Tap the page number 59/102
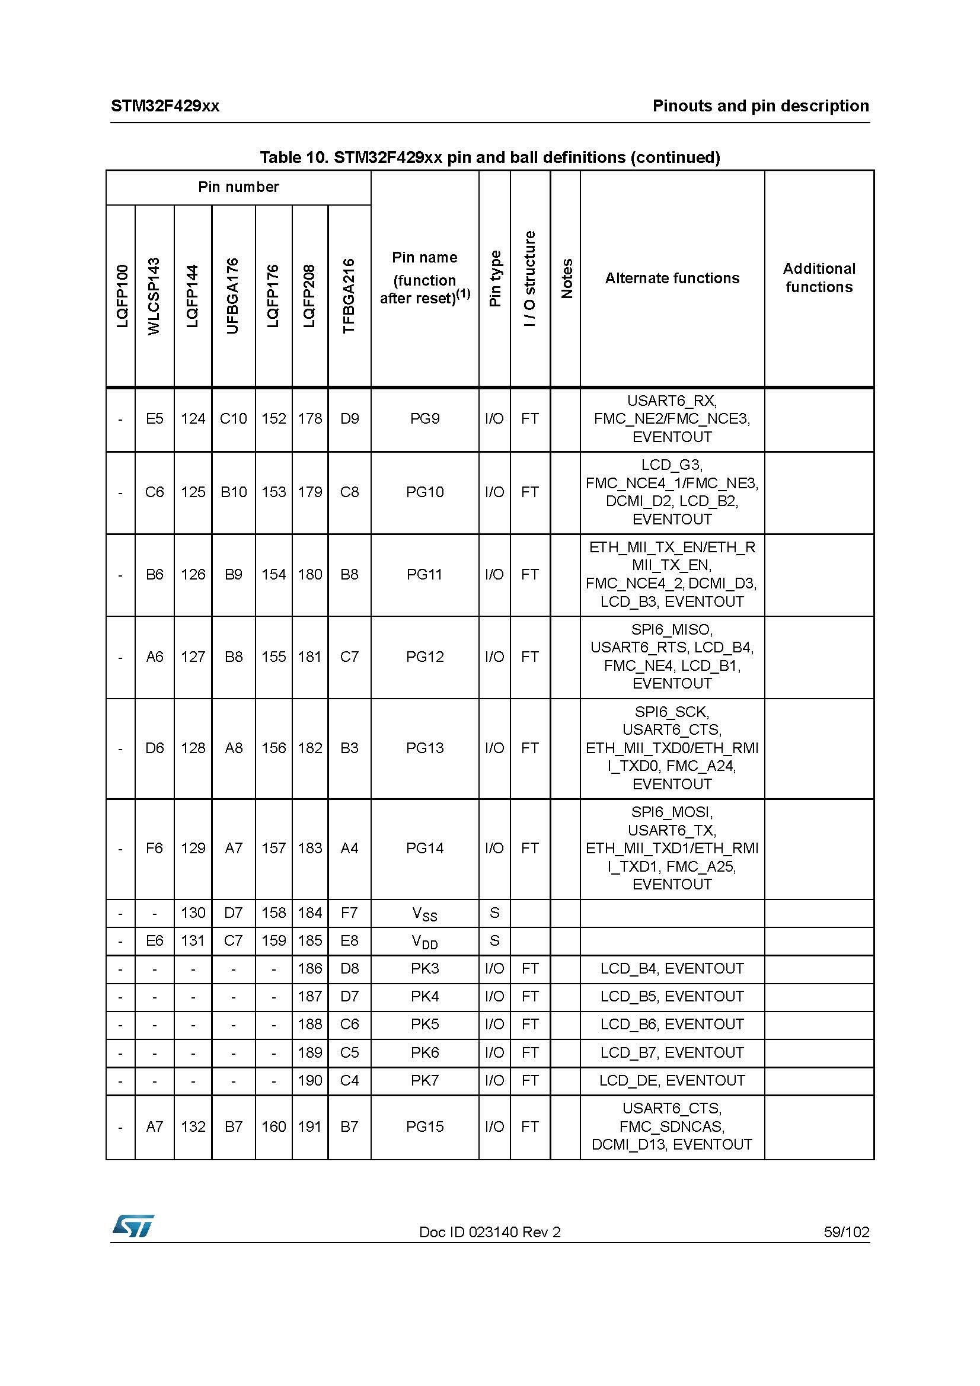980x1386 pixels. pyautogui.click(x=846, y=1231)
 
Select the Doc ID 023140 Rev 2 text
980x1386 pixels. pyautogui.click(x=490, y=1231)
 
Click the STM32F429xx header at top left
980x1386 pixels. pyautogui.click(x=165, y=106)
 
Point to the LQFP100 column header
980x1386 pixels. pyautogui.click(x=122, y=296)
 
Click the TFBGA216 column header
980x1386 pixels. pyautogui.click(x=349, y=296)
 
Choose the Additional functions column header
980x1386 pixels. pyautogui.click(x=819, y=278)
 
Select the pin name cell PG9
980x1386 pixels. pyautogui.click(x=424, y=419)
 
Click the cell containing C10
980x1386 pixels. pyautogui.click(x=233, y=419)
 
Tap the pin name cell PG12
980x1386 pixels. pyautogui.click(x=424, y=657)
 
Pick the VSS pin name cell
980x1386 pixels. pyautogui.click(x=424, y=914)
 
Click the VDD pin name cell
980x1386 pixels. pyautogui.click(x=424, y=942)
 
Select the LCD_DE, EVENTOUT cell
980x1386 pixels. pyautogui.click(x=672, y=1081)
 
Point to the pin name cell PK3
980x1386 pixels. pyautogui.click(x=424, y=969)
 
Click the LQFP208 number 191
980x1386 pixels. pyautogui.click(x=309, y=1126)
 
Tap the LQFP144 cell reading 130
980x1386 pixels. pyautogui.click(x=193, y=913)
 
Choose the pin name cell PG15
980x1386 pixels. pyautogui.click(x=424, y=1126)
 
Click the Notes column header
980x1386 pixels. pyautogui.click(x=566, y=279)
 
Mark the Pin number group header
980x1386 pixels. pyautogui.click(x=238, y=187)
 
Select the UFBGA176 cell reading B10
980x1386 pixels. pyautogui.click(x=233, y=492)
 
